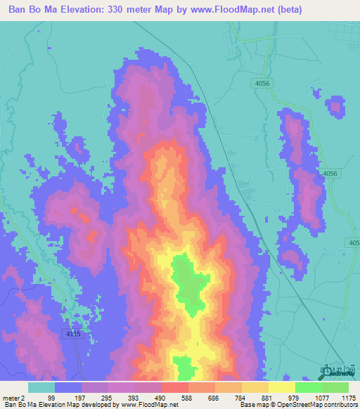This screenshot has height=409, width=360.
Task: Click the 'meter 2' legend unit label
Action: point(13,397)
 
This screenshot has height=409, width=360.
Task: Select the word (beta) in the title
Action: point(333,10)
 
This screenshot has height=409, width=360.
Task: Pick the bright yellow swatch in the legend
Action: point(281,387)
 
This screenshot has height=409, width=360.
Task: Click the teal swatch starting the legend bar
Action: point(41,387)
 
